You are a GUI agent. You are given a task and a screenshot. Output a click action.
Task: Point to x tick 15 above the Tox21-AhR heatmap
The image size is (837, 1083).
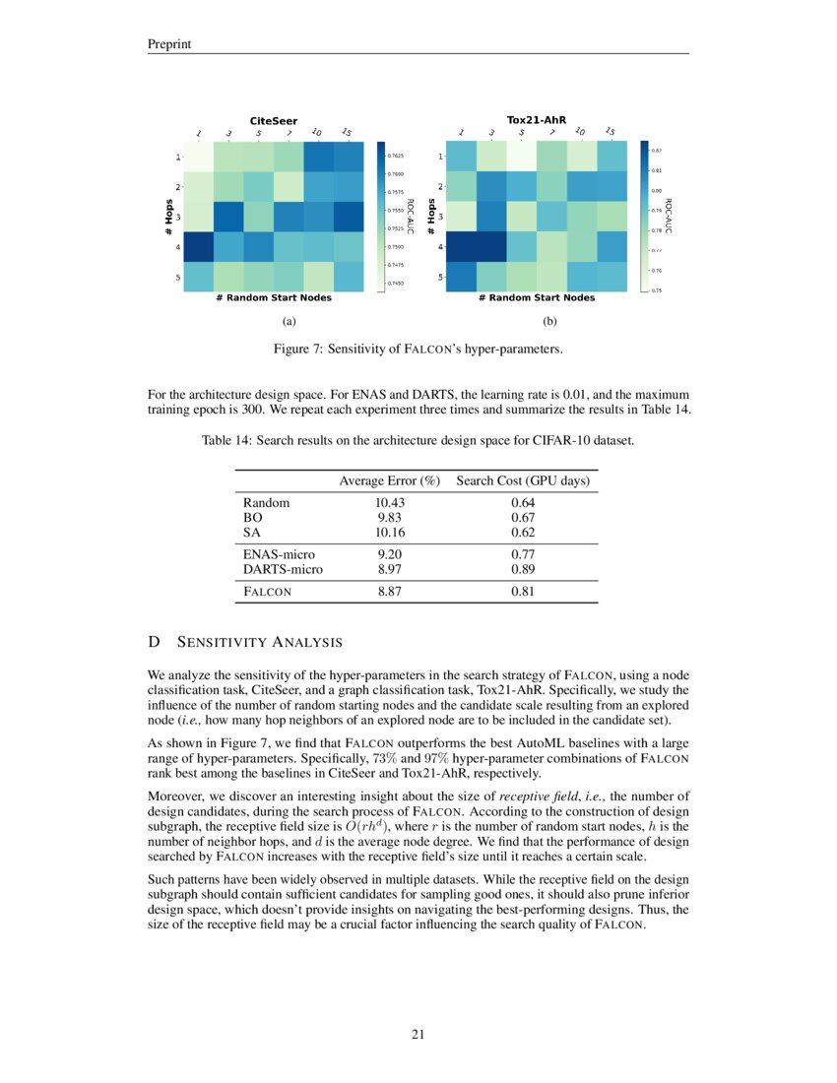[611, 133]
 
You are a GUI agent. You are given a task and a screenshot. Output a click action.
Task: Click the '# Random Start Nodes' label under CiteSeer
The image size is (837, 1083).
[273, 298]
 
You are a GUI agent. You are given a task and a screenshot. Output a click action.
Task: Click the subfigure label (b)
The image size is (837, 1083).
[549, 321]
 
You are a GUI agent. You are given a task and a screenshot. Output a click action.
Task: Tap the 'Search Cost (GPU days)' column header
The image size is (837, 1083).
[522, 480]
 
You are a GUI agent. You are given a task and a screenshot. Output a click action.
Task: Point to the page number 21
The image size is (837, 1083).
[418, 1034]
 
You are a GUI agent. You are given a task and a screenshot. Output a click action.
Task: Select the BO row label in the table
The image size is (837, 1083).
[251, 517]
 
